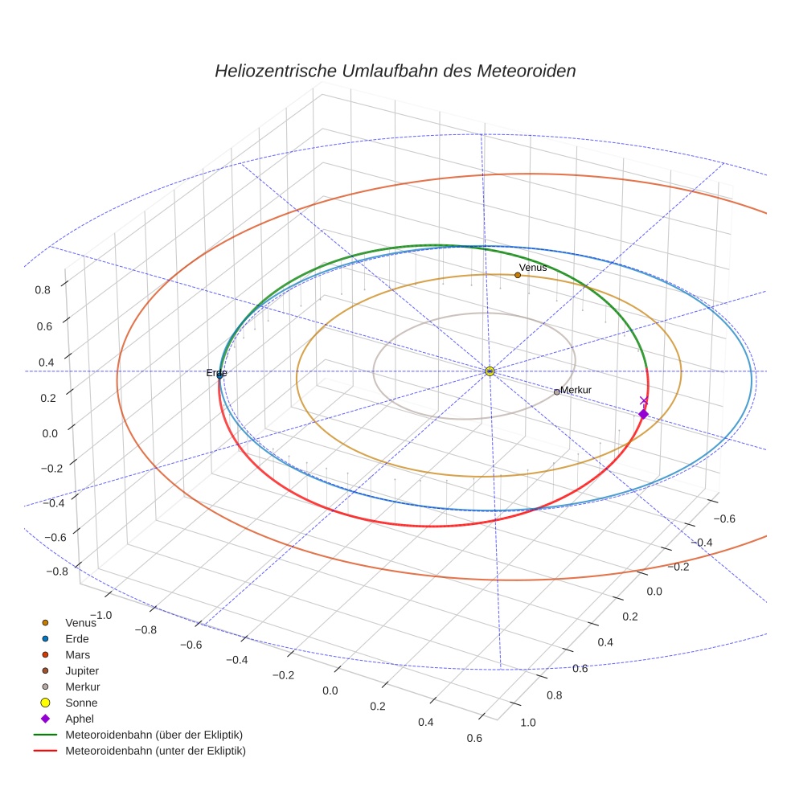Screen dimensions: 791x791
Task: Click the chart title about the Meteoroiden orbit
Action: [x=395, y=71]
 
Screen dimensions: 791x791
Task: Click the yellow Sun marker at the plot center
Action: [x=490, y=371]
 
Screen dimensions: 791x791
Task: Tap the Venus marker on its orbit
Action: [x=518, y=275]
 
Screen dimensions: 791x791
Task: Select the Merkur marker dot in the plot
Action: [x=556, y=391]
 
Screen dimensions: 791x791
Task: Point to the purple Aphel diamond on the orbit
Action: [x=643, y=414]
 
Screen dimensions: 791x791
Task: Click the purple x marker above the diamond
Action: [x=643, y=400]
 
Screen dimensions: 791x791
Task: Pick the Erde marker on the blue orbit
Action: [x=220, y=375]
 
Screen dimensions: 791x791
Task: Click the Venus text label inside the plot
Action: [x=533, y=267]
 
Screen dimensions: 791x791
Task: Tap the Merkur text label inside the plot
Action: [x=576, y=390]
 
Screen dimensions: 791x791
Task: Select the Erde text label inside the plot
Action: [x=216, y=373]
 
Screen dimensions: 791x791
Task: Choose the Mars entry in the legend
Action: [x=77, y=654]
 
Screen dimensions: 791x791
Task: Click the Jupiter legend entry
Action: [x=82, y=670]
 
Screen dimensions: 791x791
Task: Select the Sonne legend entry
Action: [x=81, y=703]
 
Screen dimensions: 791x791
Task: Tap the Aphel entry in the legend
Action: [x=80, y=719]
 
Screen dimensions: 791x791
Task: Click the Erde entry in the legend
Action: [x=77, y=638]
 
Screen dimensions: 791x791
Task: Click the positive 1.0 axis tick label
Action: [x=528, y=723]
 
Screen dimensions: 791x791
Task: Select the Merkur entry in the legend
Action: [x=82, y=686]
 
